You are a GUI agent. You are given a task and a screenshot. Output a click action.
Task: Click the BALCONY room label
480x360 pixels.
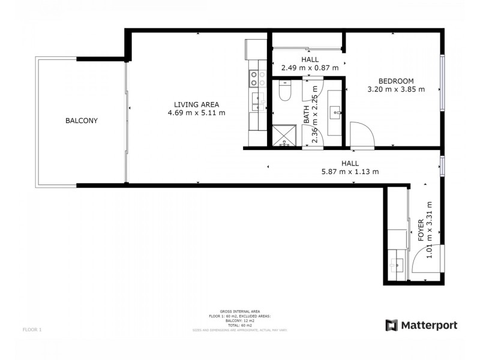pyautogui.click(x=82, y=121)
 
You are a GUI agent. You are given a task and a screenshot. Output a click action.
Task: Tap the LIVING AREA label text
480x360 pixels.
pyautogui.click(x=196, y=103)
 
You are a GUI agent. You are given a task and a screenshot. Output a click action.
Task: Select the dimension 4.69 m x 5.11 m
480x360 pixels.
pyautogui.click(x=196, y=113)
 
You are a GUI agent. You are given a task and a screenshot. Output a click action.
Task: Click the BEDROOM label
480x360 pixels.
pyautogui.click(x=395, y=81)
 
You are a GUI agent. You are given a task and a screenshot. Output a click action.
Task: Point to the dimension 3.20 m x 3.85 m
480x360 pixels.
pyautogui.click(x=395, y=90)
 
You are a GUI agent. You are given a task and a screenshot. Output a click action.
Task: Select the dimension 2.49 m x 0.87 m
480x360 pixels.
pyautogui.click(x=310, y=68)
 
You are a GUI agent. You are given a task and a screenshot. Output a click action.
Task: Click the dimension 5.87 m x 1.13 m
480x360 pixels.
pyautogui.click(x=350, y=172)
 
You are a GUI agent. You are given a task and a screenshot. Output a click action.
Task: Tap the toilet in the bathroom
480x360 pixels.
pyautogui.click(x=285, y=91)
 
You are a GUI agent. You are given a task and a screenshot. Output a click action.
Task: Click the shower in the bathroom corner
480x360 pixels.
pyautogui.click(x=284, y=136)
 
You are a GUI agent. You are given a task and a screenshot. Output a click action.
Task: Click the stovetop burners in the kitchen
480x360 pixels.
pyautogui.click(x=257, y=79)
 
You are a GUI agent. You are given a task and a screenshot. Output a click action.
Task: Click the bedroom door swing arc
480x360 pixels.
pyautogui.click(x=362, y=133)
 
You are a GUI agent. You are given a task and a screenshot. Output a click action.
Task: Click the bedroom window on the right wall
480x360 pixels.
pyautogui.click(x=442, y=84)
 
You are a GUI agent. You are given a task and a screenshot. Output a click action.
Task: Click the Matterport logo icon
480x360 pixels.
pyautogui.click(x=391, y=325)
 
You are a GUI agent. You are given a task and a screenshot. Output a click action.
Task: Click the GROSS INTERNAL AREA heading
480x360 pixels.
pyautogui.click(x=240, y=311)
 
